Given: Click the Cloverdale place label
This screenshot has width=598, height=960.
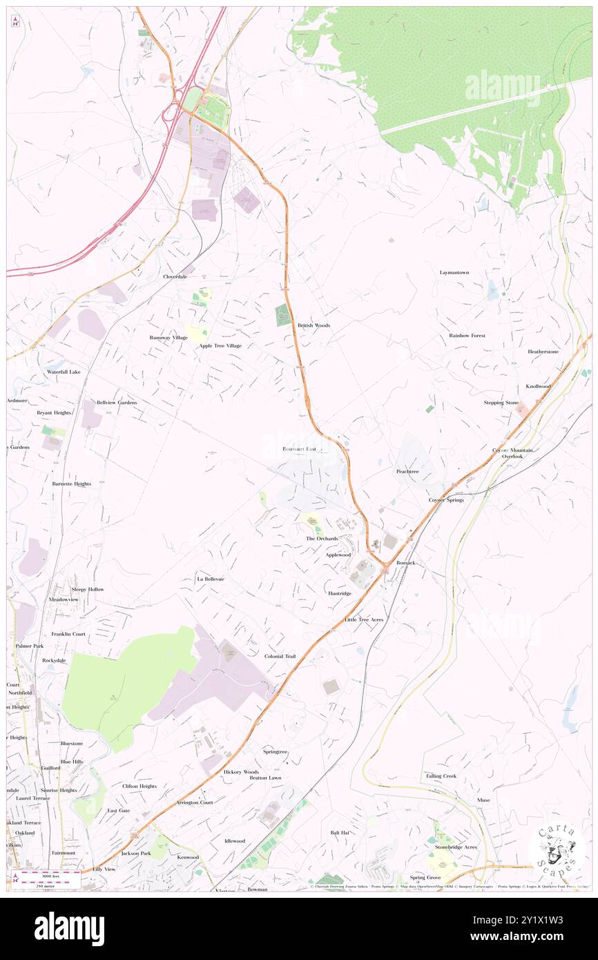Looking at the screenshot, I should pos(175,276).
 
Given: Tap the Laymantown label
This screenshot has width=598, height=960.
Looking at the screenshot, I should pos(454,273).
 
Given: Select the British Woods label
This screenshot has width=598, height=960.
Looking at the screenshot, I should pos(314,325).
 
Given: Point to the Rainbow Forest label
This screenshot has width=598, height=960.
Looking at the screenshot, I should pos(467,336).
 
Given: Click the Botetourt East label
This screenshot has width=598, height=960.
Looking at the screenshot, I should pos(299,449).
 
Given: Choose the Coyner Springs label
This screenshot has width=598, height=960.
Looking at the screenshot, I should pos(446,499).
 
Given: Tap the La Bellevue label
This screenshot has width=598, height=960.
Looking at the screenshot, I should pos(210,579).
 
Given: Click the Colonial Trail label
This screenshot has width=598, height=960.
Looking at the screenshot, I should pos(280,656).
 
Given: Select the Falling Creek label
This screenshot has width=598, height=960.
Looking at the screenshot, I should pos(441,776).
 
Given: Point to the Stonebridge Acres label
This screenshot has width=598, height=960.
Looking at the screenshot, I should pos(456,847).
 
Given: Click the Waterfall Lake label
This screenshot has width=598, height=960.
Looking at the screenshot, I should pos(64,372).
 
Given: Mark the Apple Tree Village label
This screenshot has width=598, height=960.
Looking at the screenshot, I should pos(220,345).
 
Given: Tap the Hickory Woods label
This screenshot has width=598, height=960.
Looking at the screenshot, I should pos(241,771).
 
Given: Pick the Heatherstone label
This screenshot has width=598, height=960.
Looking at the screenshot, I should pos(543,352).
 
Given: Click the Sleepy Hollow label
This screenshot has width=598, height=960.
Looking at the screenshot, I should pos(88,589).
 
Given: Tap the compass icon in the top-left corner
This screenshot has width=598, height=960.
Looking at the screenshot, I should pos(15,21).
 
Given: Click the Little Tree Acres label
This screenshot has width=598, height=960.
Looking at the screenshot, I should pos(364,620).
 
